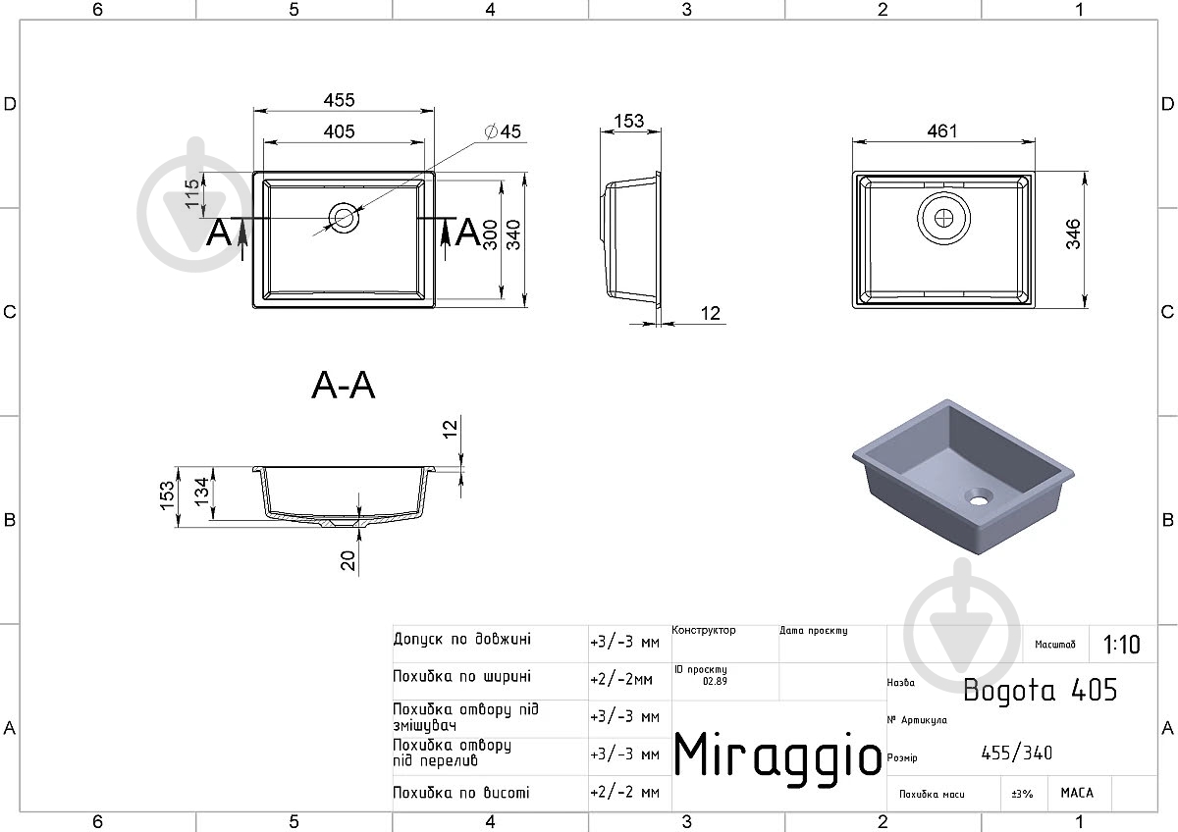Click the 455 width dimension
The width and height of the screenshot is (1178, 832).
point(340,100)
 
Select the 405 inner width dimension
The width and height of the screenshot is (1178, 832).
point(340,131)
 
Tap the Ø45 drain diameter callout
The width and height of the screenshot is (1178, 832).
point(503,131)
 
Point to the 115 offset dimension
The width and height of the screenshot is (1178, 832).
point(192,193)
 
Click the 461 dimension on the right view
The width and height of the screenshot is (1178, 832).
point(941,130)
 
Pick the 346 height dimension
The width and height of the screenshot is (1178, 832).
point(1073,234)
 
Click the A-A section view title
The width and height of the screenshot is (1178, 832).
point(344,386)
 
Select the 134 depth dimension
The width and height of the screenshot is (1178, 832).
point(202,492)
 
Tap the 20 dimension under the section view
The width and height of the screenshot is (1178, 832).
point(348,561)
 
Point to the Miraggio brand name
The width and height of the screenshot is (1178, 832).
point(777,755)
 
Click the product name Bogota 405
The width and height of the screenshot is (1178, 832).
point(1040,690)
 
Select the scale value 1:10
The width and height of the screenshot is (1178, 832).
point(1121,645)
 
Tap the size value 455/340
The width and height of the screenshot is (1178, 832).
point(1017,754)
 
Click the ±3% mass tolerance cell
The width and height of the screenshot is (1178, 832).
point(1022,794)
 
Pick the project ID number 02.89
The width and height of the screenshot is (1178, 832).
point(715,681)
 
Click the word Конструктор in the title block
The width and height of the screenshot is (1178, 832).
point(704,630)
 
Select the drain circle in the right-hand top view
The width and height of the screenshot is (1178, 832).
point(944,218)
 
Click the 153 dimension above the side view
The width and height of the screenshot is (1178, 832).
point(629,121)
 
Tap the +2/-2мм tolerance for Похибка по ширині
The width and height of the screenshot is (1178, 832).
point(621,680)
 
